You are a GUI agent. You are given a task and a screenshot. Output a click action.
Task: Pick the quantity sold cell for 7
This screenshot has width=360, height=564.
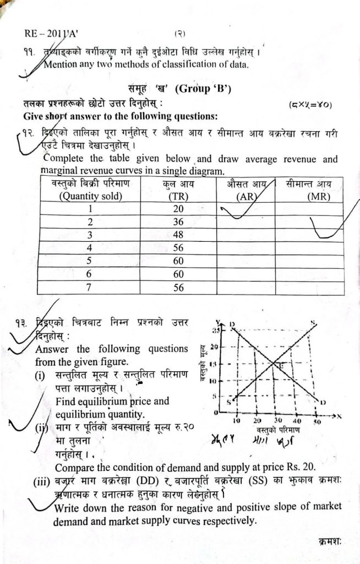point(89,287)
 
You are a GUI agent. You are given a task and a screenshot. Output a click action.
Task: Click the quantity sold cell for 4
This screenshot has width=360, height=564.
point(89,248)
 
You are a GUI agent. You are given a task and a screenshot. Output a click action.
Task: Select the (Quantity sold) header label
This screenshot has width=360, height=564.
point(90,196)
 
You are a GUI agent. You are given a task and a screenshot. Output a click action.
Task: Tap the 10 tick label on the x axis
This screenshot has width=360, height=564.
point(236,421)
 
